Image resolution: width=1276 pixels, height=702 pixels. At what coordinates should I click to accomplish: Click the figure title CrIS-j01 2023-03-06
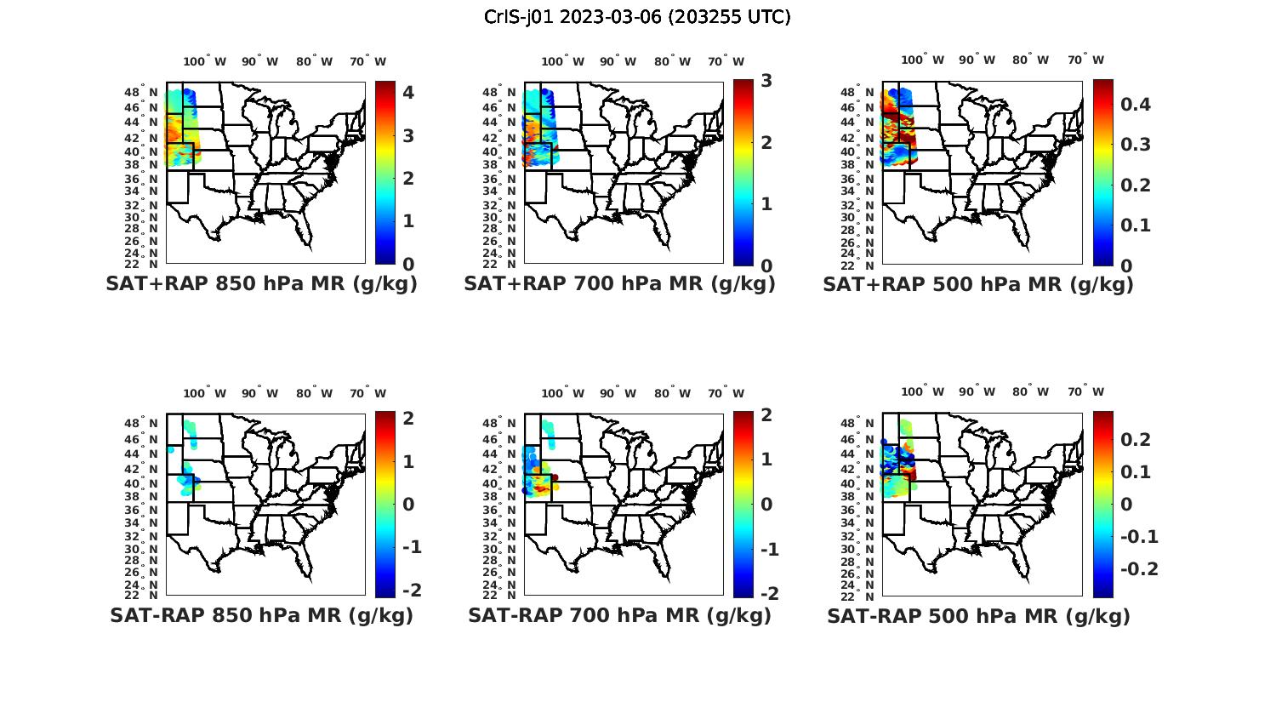pos(637,17)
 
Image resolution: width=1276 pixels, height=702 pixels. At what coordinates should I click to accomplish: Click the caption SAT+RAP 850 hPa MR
pos(261,284)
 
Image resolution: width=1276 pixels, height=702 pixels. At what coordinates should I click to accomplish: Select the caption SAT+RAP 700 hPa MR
pos(619,284)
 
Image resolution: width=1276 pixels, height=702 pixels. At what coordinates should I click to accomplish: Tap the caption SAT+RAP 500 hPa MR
pos(978,285)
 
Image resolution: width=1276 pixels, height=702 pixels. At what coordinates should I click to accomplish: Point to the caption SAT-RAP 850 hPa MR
pos(261,615)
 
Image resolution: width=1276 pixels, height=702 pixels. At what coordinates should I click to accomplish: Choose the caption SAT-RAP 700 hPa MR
pos(619,615)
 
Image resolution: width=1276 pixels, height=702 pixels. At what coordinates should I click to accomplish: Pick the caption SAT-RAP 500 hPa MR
pos(978,616)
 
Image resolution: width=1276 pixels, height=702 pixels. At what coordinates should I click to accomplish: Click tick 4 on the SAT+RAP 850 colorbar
pos(408,93)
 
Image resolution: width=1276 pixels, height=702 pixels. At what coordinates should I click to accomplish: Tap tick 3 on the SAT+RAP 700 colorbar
pos(766,81)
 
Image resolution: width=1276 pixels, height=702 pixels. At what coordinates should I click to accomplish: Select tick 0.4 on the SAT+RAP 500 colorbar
pos(1136,105)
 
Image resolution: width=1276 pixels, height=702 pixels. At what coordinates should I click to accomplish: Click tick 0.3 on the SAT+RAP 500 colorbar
pos(1136,145)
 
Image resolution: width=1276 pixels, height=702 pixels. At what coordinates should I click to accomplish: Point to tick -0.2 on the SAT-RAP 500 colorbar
pos(1139,568)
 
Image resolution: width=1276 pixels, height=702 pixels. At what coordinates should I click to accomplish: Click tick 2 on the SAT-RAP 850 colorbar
pos(408,418)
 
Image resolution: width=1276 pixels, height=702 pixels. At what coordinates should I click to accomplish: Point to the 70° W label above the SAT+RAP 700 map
pos(726,61)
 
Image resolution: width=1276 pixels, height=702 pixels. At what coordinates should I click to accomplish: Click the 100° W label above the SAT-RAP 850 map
pos(204,393)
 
